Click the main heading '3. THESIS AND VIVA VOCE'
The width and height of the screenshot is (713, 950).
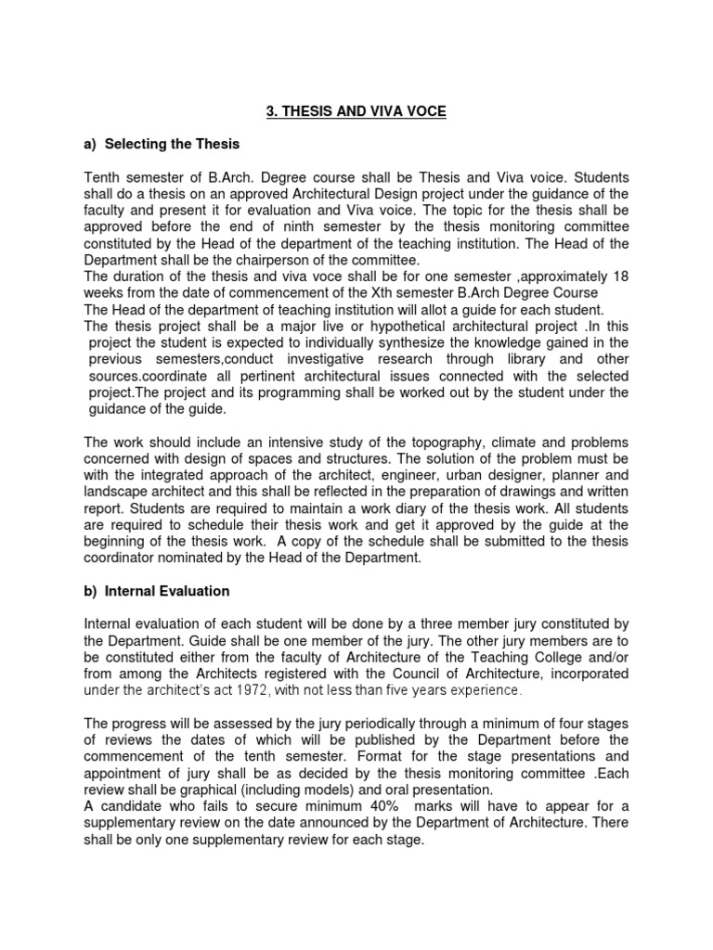(356, 111)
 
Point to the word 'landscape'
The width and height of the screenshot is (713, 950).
(115, 492)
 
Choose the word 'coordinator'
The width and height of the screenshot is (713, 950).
(121, 558)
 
